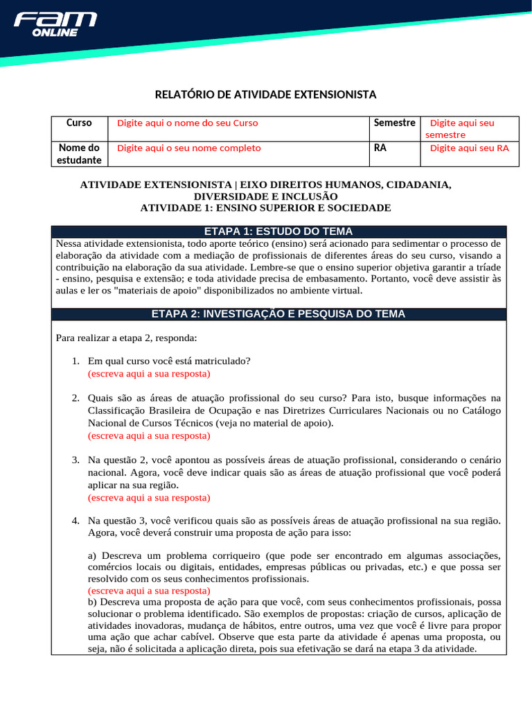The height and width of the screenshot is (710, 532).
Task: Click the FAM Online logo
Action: click(55, 24)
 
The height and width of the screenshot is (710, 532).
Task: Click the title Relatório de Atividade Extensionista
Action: click(265, 94)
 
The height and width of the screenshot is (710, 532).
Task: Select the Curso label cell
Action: click(79, 123)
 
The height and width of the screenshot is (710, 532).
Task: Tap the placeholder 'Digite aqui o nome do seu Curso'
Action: click(187, 123)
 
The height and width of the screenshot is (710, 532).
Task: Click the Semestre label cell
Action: click(394, 123)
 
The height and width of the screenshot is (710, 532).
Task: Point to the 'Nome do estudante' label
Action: click(79, 154)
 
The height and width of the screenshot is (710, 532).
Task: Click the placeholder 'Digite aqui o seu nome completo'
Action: click(188, 148)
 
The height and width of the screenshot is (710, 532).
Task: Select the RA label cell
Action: click(380, 148)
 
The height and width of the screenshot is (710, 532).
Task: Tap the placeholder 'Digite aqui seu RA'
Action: click(469, 148)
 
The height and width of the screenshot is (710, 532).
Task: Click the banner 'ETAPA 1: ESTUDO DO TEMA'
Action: click(278, 232)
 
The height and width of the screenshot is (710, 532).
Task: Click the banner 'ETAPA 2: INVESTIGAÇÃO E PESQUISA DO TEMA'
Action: click(278, 314)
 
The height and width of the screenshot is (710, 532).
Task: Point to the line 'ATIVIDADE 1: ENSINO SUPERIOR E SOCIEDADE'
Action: click(265, 208)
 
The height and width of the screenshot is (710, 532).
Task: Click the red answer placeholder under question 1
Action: click(149, 373)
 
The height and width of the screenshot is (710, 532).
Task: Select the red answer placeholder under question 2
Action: click(149, 435)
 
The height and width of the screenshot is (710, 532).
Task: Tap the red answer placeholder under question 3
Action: click(149, 497)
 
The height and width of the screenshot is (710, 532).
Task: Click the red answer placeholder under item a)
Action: click(149, 590)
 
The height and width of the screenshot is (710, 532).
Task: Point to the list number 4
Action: click(76, 521)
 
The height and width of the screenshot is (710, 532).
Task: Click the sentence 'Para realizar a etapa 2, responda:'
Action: click(126, 338)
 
